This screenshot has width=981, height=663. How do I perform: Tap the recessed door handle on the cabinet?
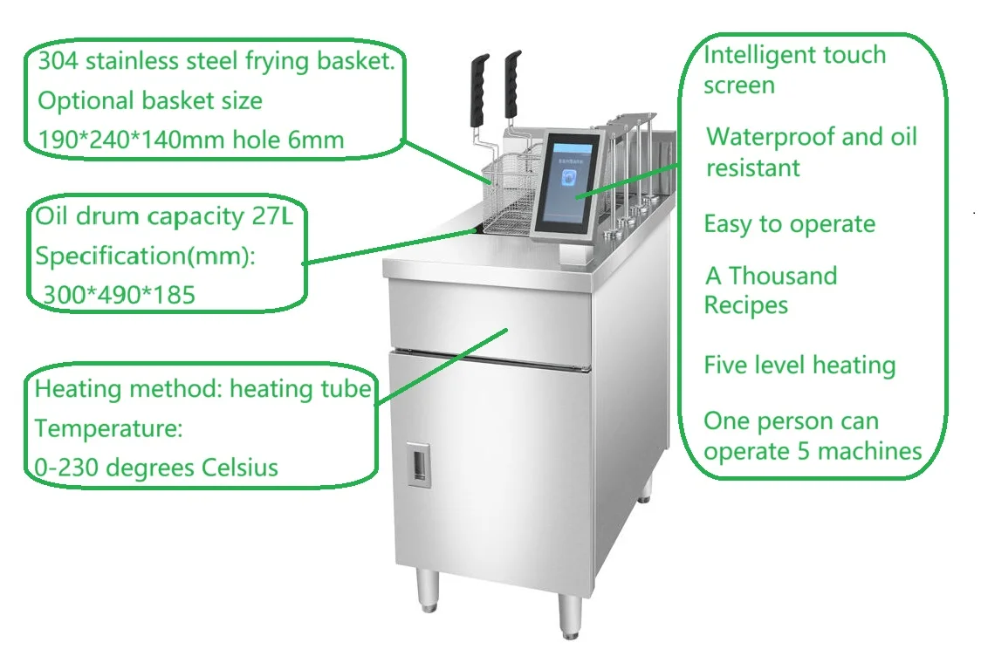420,462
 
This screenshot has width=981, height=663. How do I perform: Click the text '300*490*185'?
120,295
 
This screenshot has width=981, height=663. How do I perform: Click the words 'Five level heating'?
799,365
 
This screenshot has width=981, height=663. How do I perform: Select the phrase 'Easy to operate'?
789,224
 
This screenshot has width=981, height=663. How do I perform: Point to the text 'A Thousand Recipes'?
771,290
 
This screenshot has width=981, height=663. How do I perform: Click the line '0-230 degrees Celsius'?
156,467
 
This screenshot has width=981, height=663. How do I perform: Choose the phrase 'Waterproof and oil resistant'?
811,152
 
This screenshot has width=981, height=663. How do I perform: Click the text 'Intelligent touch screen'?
794,70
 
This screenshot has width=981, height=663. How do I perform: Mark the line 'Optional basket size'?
149,100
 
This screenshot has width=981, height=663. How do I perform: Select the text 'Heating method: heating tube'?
202,389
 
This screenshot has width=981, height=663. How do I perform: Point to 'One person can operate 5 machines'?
813,436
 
